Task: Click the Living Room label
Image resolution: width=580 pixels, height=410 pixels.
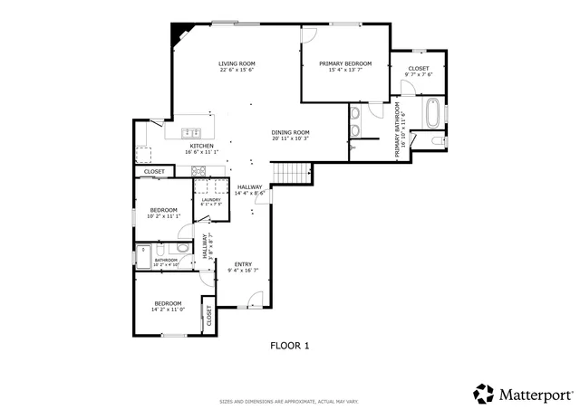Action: [x=236, y=64]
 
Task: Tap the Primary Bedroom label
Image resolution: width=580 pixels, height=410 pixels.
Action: [x=344, y=63]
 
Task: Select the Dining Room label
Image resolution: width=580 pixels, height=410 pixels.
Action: [x=291, y=133]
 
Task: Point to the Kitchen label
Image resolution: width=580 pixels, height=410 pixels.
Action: [x=201, y=146]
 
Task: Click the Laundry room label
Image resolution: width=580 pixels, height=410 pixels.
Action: [x=211, y=200]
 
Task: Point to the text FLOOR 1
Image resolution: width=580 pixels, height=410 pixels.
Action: [x=290, y=345]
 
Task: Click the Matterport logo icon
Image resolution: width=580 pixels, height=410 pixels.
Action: [x=483, y=393]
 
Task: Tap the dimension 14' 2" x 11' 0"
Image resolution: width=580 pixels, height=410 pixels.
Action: [x=168, y=310]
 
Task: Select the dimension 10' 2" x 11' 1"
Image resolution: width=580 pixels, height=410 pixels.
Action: [x=164, y=216]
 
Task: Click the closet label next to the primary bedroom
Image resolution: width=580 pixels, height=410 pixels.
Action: [x=418, y=68]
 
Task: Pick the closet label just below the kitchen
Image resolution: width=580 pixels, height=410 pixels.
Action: [x=154, y=171]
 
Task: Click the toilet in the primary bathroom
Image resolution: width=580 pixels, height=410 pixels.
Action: [x=438, y=140]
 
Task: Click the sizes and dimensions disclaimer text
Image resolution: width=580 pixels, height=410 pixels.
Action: [x=289, y=401]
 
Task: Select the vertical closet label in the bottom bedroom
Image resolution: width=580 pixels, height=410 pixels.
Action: [x=208, y=315]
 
